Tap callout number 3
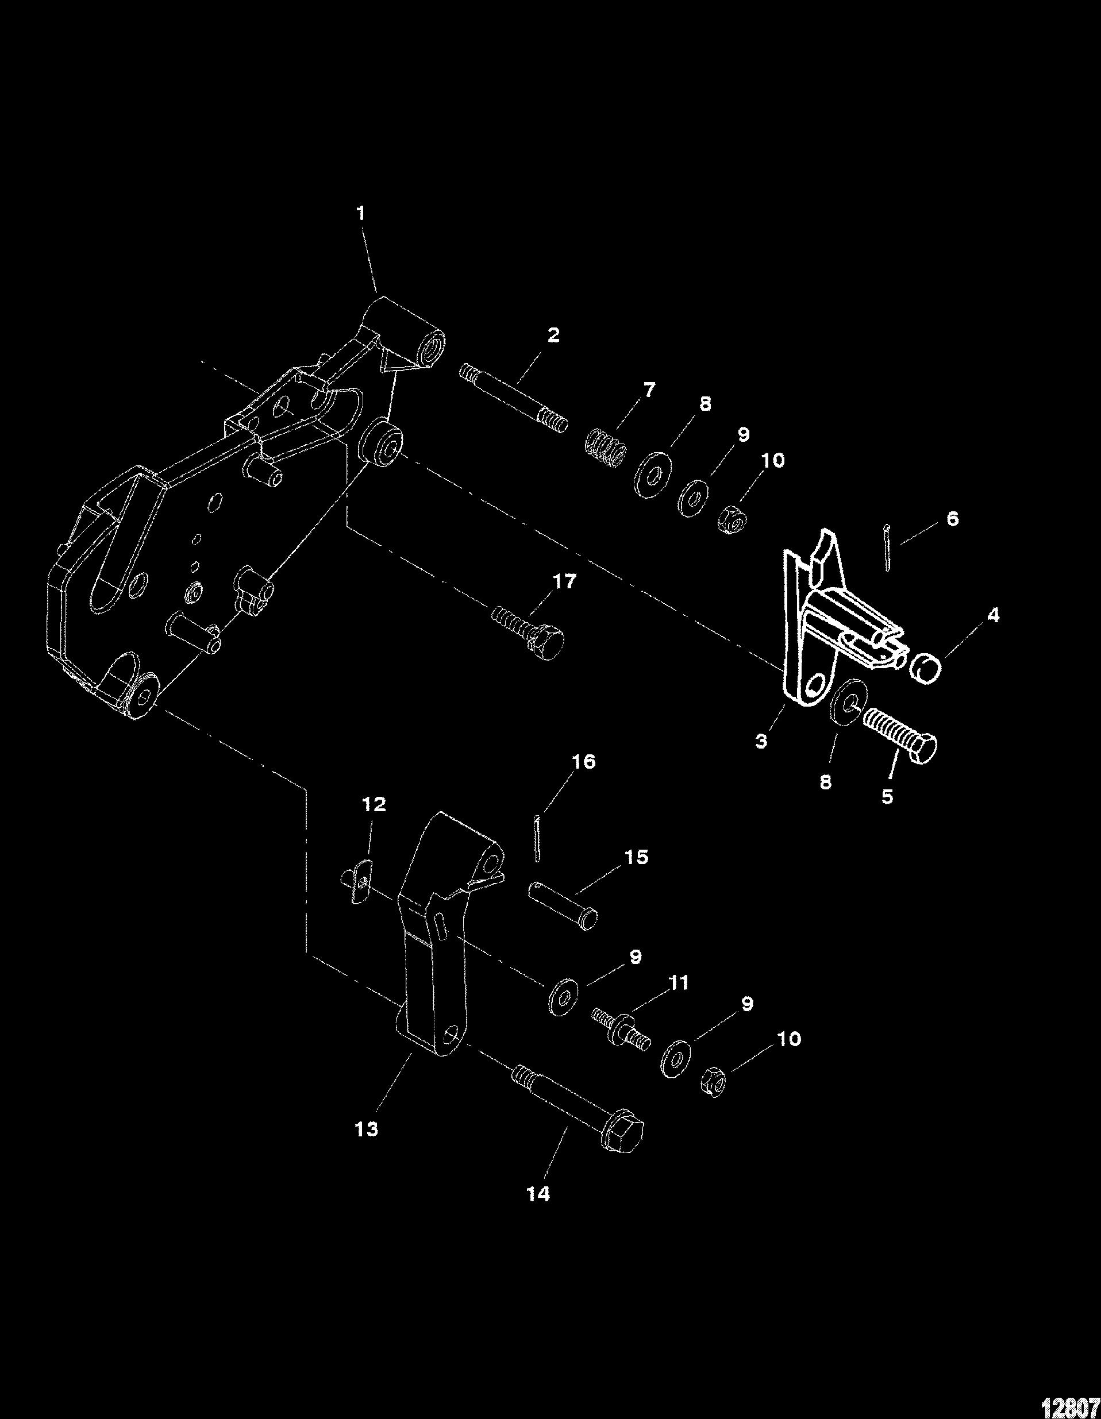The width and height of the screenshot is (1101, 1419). tap(761, 741)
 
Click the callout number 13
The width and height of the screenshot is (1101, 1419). tap(367, 1130)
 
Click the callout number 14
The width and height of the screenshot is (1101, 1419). tap(539, 1194)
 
